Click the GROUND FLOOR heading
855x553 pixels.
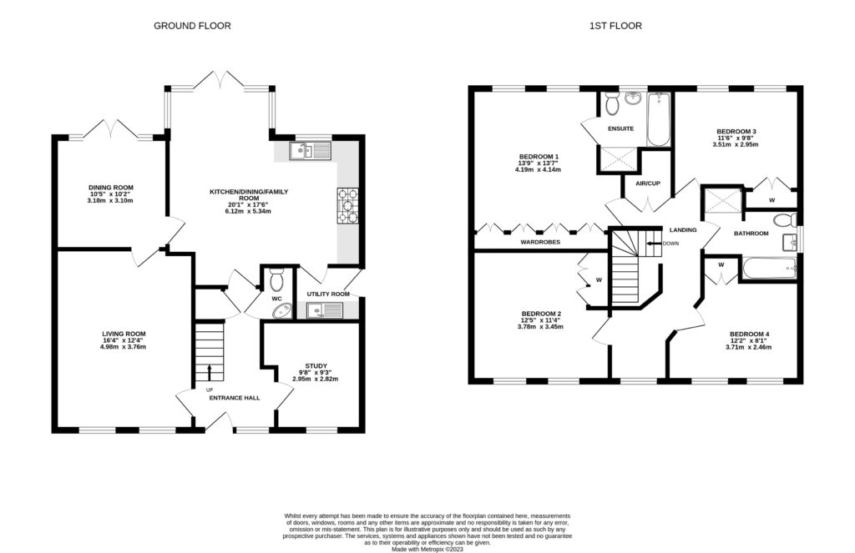192,26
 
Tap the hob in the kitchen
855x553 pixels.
347,206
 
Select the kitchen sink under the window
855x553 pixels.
310,150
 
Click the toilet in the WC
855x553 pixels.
276,276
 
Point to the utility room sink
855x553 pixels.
321,311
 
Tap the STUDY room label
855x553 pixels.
315,364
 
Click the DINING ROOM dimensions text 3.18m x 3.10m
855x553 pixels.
112,201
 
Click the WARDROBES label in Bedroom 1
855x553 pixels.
539,243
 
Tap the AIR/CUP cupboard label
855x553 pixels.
648,183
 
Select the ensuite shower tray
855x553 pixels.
617,158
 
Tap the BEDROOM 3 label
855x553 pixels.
736,132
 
